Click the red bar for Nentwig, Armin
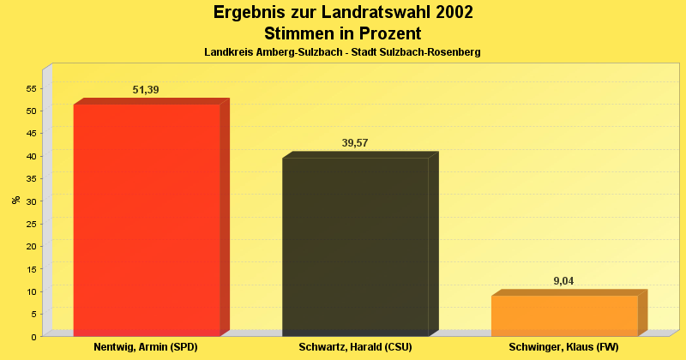click(147, 219)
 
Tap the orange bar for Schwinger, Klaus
click(564, 315)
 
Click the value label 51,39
click(146, 90)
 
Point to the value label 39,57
click(355, 143)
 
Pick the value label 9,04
click(563, 281)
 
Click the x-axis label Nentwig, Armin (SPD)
click(146, 347)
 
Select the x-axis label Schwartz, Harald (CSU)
click(355, 347)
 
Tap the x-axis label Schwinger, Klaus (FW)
click(563, 347)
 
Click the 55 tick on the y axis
click(31, 88)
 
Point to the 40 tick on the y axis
click(31, 156)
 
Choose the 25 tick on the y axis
click(31, 224)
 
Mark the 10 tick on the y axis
click(31, 291)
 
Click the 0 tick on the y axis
click(33, 337)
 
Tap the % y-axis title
click(15, 200)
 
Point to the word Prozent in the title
click(386, 33)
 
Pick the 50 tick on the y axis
click(31, 111)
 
